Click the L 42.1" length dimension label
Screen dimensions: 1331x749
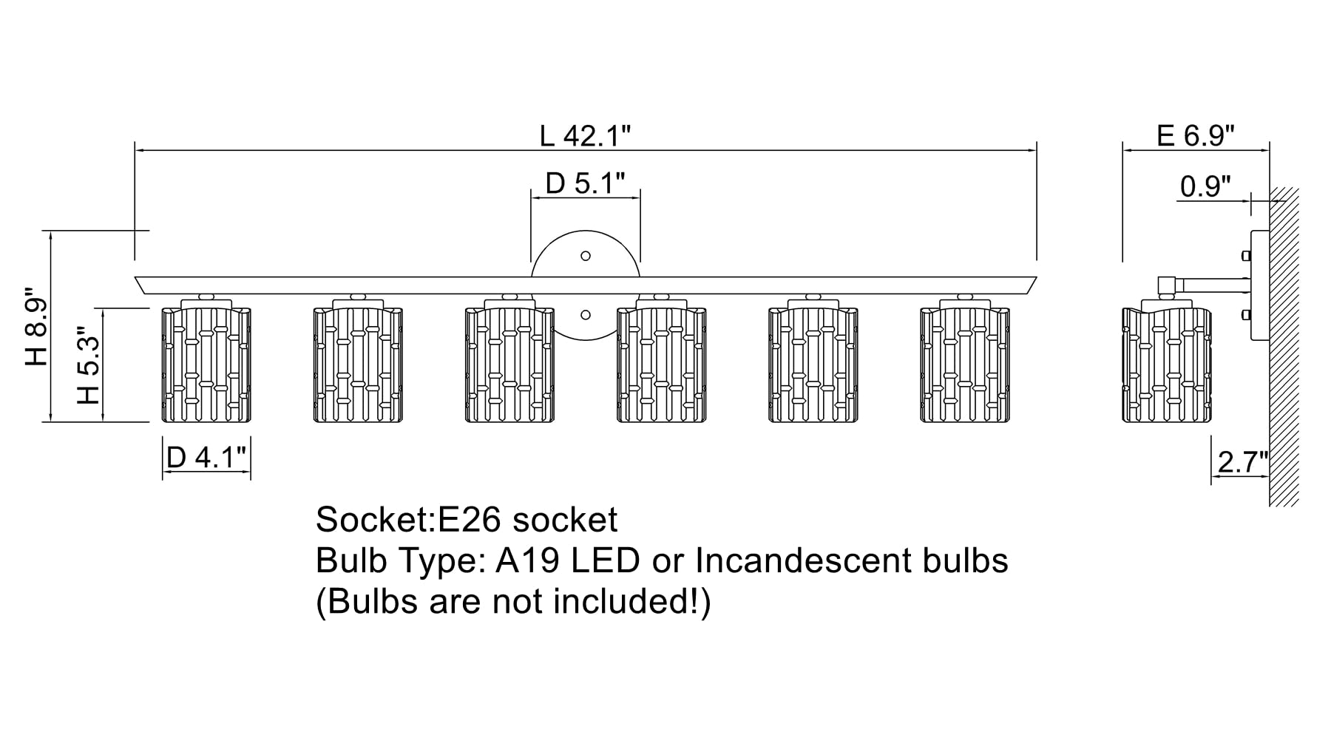coord(585,136)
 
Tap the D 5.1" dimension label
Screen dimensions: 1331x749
coord(585,183)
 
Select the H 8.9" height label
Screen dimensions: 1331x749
coord(36,326)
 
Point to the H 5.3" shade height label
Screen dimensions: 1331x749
coord(88,365)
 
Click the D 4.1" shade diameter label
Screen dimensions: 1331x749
coord(206,458)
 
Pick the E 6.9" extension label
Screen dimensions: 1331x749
coord(1195,136)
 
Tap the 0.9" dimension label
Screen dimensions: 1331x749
coord(1205,186)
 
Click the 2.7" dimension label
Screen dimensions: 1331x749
coord(1242,463)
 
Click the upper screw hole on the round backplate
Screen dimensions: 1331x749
coord(586,256)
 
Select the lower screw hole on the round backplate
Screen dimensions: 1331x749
coord(586,315)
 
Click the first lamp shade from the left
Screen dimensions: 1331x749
coord(206,365)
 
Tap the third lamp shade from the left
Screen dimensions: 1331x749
coord(509,365)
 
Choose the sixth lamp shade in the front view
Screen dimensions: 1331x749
coord(965,365)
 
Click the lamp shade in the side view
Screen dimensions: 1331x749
coord(1167,365)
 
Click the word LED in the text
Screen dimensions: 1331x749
coord(605,561)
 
